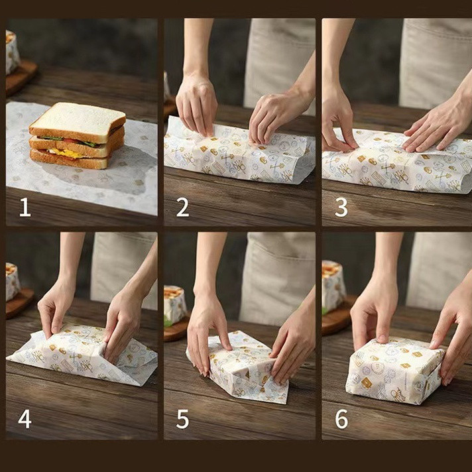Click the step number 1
click(x=25, y=207)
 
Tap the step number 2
click(x=183, y=207)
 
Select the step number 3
click(x=341, y=207)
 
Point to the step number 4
click(x=25, y=419)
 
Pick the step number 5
click(x=183, y=419)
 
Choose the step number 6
click(x=341, y=419)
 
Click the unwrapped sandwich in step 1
click(x=77, y=135)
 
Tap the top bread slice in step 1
click(x=78, y=122)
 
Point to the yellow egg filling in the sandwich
click(x=68, y=154)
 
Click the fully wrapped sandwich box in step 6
click(x=394, y=371)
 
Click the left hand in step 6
click(x=374, y=316)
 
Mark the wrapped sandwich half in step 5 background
click(x=174, y=305)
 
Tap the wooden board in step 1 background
click(x=21, y=77)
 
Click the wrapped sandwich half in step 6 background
click(x=333, y=286)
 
